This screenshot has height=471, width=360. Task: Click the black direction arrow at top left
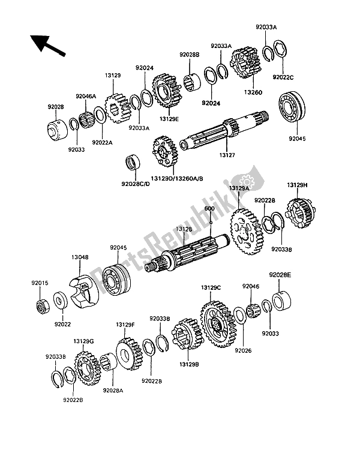click(47, 46)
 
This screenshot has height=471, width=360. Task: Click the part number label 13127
click(227, 155)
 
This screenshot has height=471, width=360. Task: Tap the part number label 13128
click(184, 229)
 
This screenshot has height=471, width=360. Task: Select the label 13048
click(80, 257)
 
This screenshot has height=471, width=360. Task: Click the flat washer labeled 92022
click(61, 300)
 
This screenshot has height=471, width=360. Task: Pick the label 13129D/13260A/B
click(176, 178)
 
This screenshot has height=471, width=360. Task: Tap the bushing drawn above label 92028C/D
click(133, 162)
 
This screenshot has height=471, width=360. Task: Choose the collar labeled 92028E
click(282, 301)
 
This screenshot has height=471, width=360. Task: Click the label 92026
click(243, 350)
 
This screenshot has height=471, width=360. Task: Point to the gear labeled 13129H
click(301, 213)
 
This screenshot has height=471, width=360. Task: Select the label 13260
click(253, 92)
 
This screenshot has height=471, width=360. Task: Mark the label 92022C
click(283, 77)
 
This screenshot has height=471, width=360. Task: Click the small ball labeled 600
click(211, 223)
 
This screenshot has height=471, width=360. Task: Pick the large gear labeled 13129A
click(248, 232)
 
